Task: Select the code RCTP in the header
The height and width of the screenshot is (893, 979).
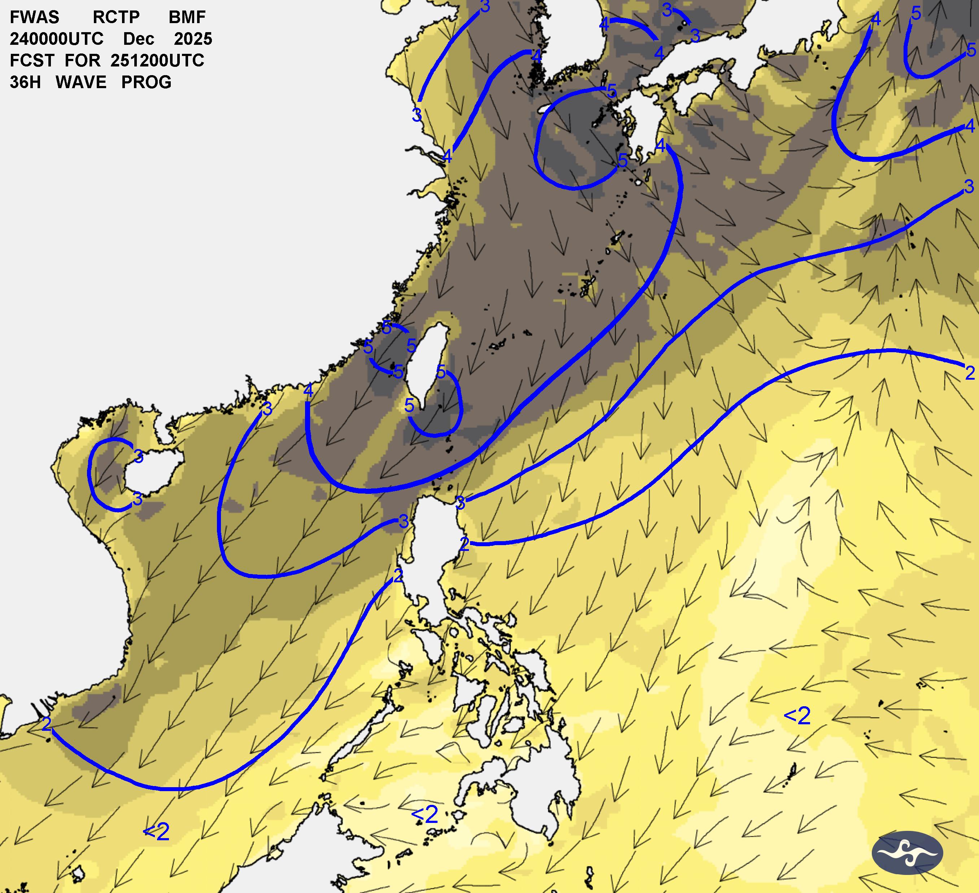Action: coord(116,17)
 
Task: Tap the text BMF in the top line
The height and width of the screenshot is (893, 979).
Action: coord(187,17)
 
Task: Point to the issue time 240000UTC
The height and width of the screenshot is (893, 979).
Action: coord(56,39)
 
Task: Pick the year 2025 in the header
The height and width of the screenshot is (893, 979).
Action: coord(193,39)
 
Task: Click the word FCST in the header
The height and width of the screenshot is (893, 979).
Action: coord(31,61)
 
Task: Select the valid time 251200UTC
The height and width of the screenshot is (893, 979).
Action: coord(157,61)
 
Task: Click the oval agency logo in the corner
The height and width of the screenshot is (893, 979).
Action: coord(907,853)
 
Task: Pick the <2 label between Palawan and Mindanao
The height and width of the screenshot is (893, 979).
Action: coord(425,815)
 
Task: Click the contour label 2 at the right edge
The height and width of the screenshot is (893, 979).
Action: coord(970,373)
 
